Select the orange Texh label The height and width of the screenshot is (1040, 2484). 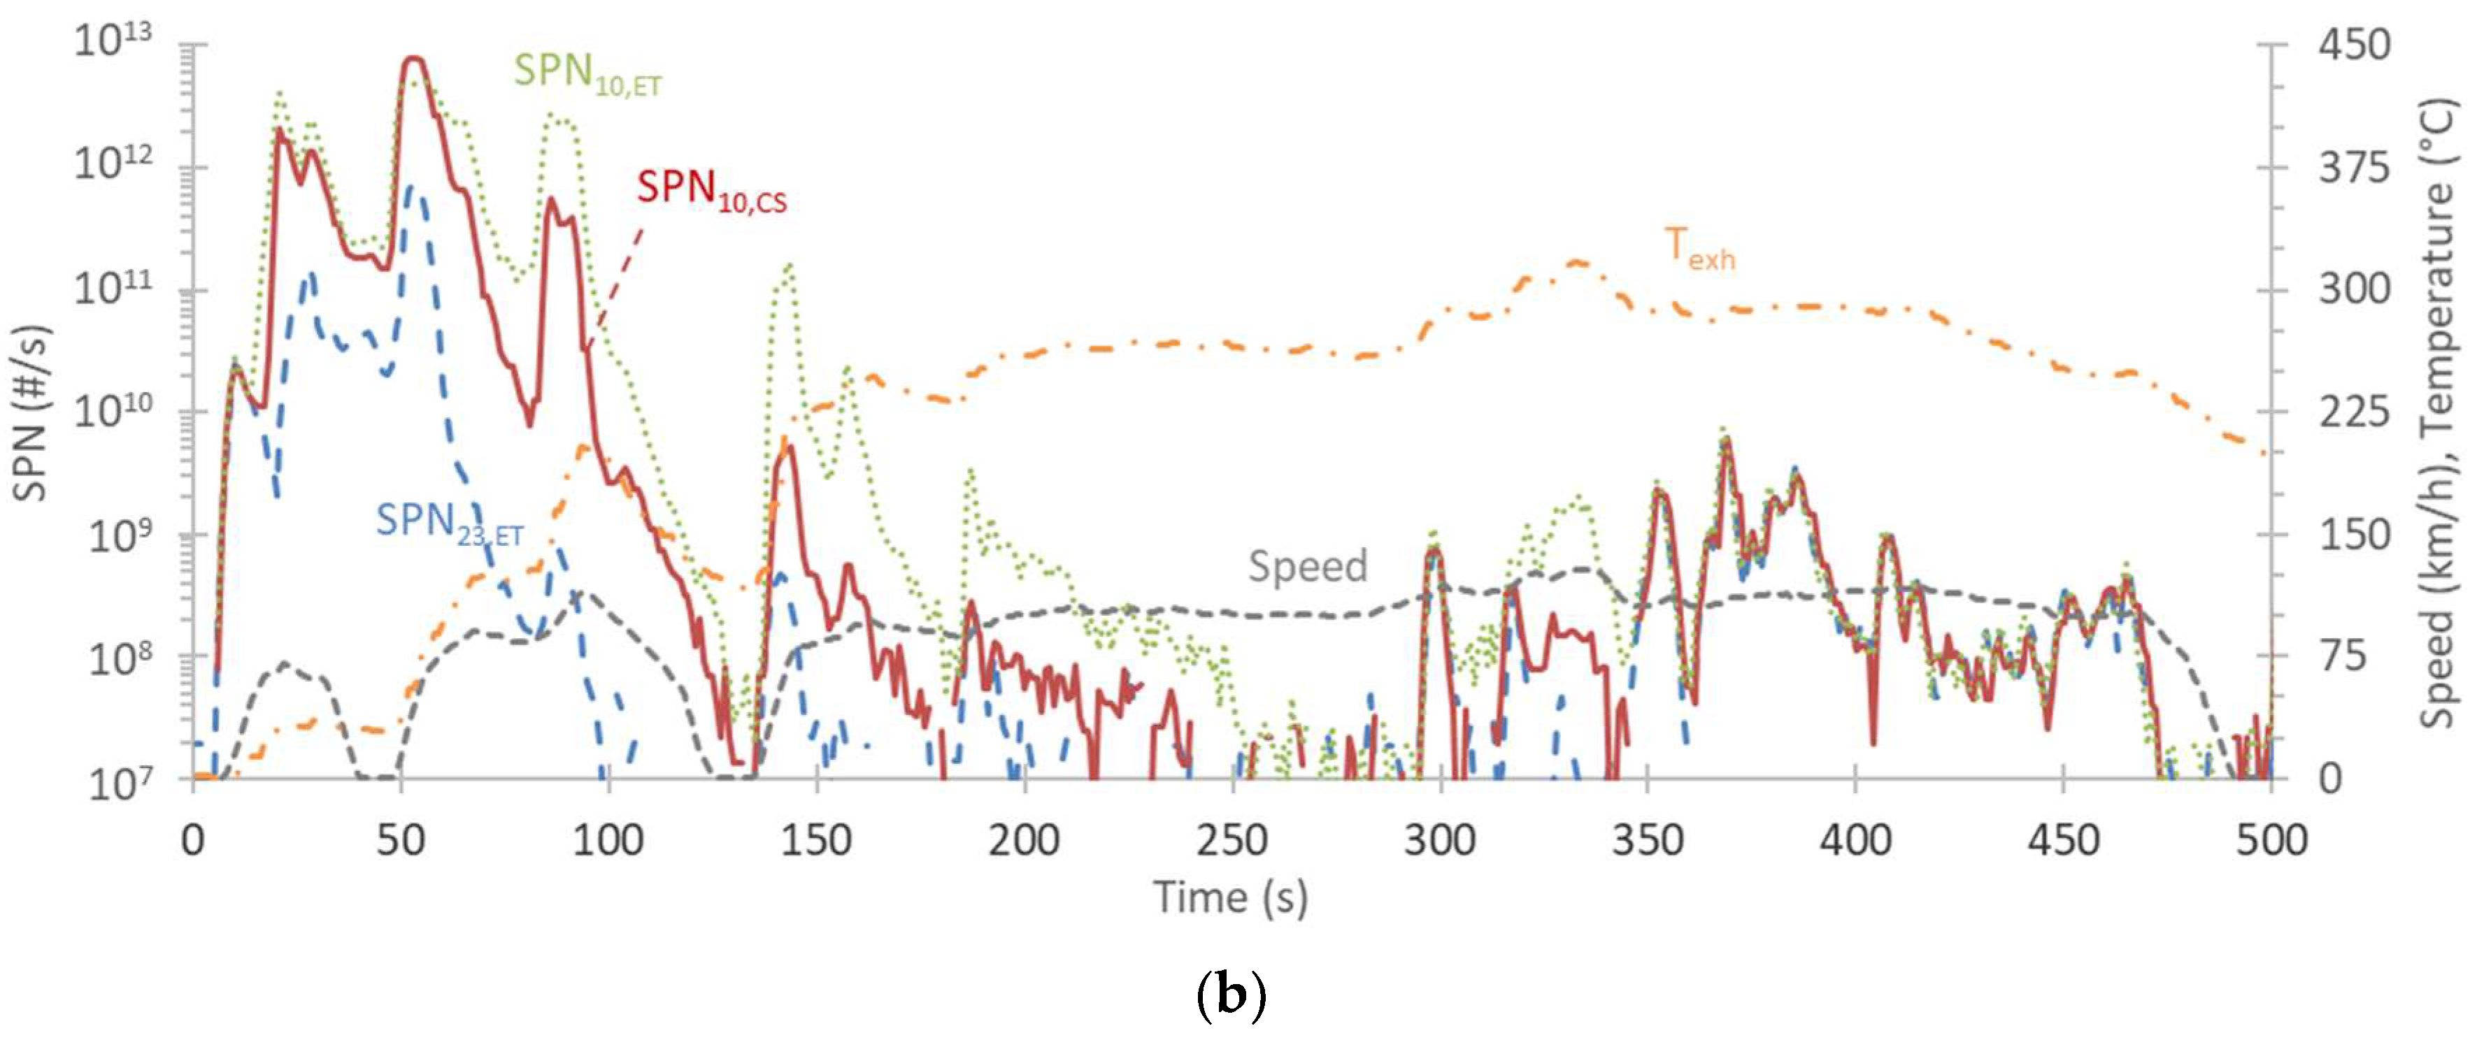(x=1699, y=249)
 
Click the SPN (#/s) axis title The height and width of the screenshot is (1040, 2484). (x=31, y=412)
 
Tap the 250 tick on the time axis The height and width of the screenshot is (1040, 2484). (x=1232, y=842)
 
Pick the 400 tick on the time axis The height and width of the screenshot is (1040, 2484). (x=1855, y=842)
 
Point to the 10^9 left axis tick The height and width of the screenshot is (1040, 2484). (x=120, y=535)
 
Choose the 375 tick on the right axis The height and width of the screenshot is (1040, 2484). (x=2354, y=168)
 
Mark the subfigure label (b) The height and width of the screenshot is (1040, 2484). (x=1229, y=994)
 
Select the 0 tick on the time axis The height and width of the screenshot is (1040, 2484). (x=193, y=842)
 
